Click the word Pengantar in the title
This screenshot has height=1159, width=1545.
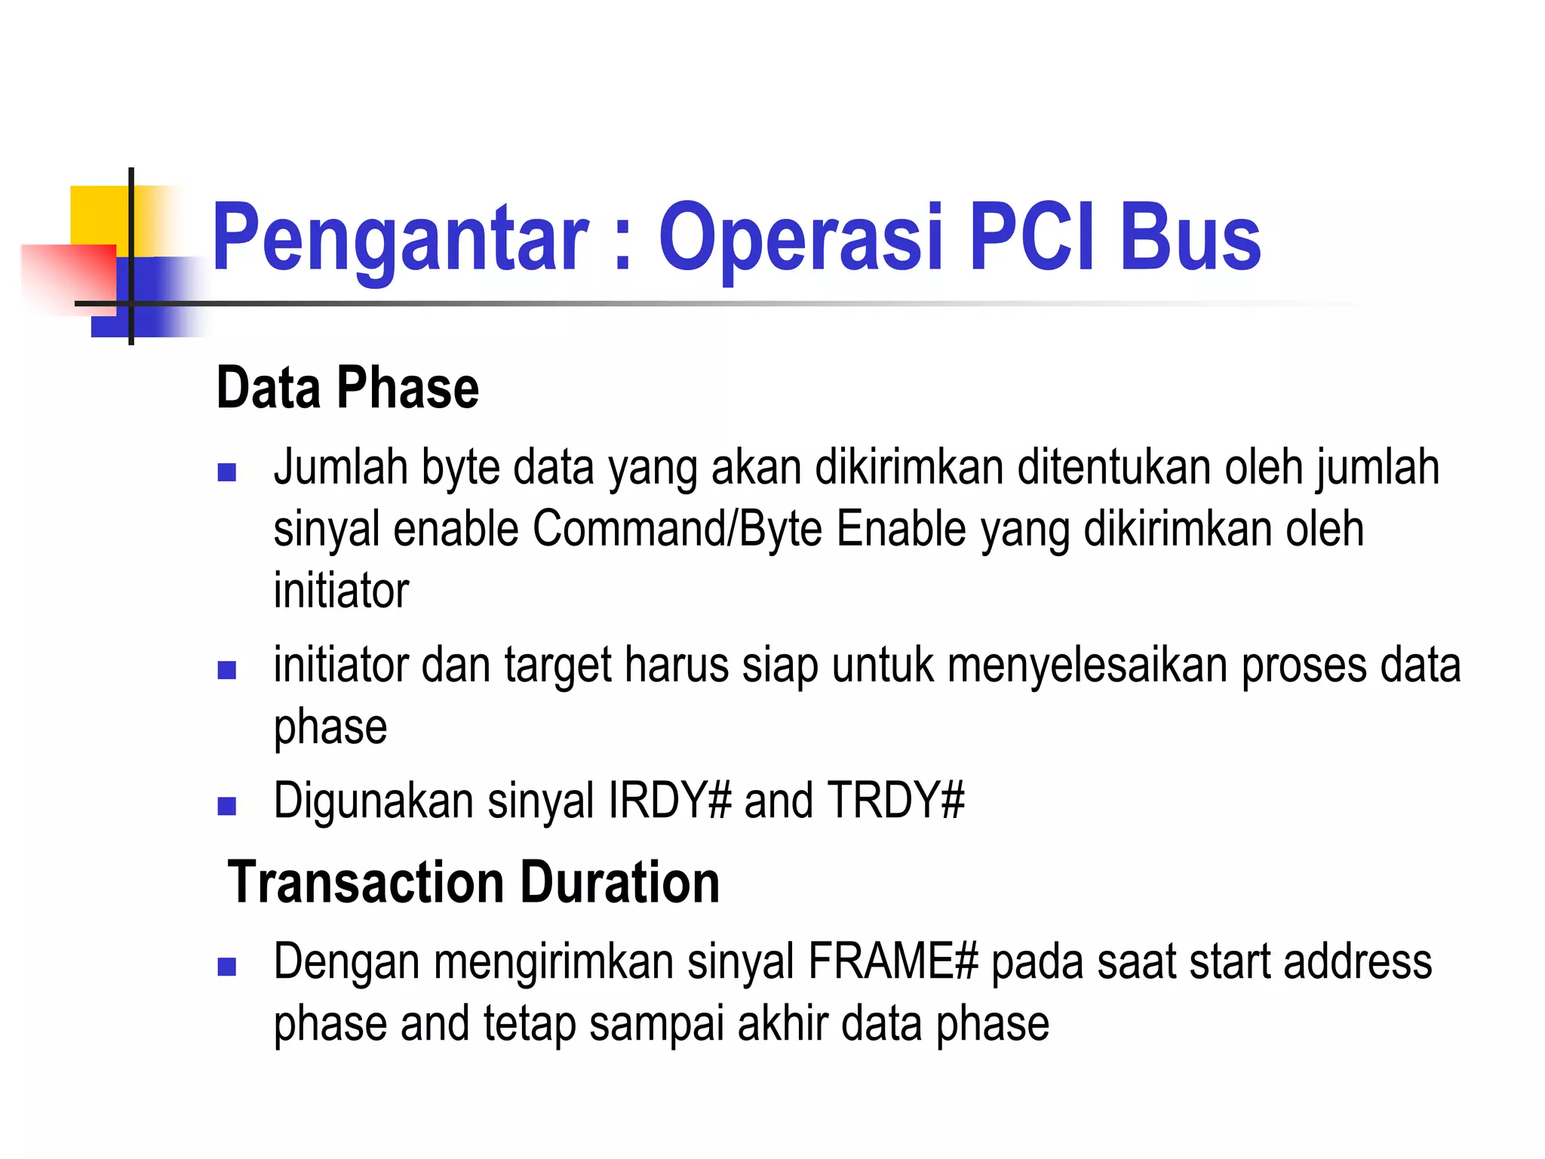coord(400,238)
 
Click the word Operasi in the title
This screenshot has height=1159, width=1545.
coord(801,238)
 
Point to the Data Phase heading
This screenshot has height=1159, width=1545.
coord(348,388)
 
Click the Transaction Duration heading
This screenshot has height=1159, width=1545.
coord(474,882)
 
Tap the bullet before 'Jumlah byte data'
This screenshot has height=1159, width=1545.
coord(226,472)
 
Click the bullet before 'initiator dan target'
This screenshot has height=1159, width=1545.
coord(226,670)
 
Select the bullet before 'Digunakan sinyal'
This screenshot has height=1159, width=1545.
coord(226,807)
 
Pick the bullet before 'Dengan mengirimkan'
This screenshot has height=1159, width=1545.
coord(226,967)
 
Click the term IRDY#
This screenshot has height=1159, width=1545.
coord(670,801)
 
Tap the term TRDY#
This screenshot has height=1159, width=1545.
coord(896,801)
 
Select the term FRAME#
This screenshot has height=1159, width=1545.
coord(892,962)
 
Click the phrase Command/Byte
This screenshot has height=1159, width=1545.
coord(677,529)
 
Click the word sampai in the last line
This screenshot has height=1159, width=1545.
coord(656,1024)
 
